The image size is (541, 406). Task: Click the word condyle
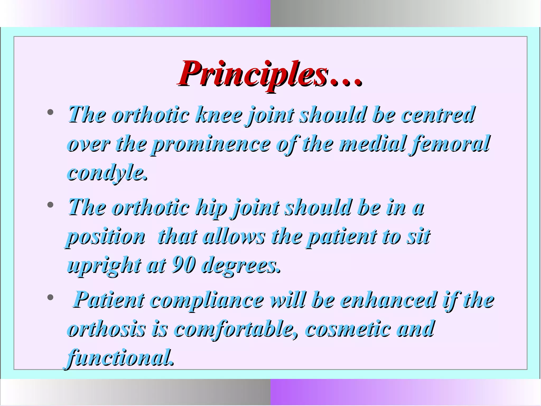coord(107,173)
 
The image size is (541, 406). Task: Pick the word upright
coord(104,265)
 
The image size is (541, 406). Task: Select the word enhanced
coord(388,300)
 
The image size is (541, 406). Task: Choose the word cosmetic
coord(347,329)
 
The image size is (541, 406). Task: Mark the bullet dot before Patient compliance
coord(50,298)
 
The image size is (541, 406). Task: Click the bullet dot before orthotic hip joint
coord(50,205)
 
